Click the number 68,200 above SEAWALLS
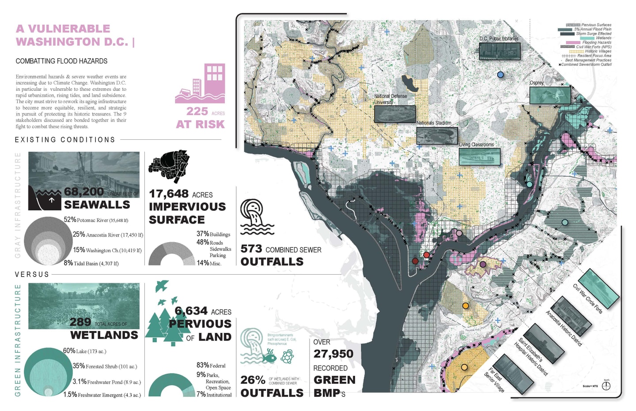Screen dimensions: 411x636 pyautogui.click(x=84, y=192)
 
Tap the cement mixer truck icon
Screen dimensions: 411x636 pyautogui.click(x=169, y=166)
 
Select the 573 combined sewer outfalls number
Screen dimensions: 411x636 pyautogui.click(x=251, y=249)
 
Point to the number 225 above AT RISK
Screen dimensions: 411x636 pyautogui.click(x=197, y=112)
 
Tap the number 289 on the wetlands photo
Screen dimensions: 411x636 pyautogui.click(x=80, y=322)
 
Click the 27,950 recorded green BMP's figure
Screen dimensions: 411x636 pyautogui.click(x=333, y=354)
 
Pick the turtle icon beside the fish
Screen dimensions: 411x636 pyautogui.click(x=288, y=356)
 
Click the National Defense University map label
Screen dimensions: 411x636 pyautogui.click(x=390, y=99)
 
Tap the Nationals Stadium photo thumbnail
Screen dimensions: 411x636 pyautogui.click(x=437, y=136)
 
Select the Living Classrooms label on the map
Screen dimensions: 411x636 pyautogui.click(x=476, y=145)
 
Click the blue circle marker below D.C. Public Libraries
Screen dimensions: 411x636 pyautogui.click(x=500, y=75)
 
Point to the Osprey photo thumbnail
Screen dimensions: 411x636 pyautogui.click(x=550, y=95)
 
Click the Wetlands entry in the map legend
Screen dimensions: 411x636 pyautogui.click(x=603, y=38)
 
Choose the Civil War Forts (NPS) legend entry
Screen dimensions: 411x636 pyautogui.click(x=594, y=47)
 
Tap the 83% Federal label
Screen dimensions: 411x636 pyautogui.click(x=211, y=366)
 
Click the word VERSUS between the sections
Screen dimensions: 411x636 pyautogui.click(x=32, y=274)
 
